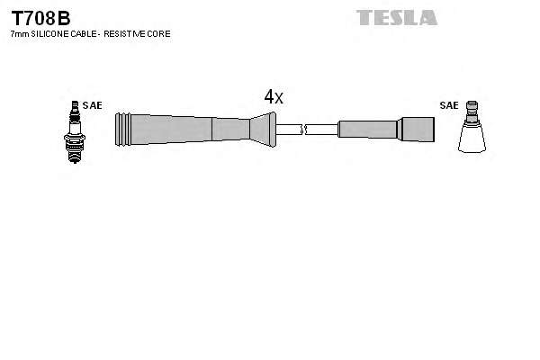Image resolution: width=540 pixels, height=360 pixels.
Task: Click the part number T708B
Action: click(40, 17)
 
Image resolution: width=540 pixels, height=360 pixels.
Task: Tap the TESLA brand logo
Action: click(396, 17)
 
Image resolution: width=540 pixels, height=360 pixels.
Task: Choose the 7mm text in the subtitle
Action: click(17, 33)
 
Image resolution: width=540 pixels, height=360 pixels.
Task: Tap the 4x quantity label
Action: click(274, 97)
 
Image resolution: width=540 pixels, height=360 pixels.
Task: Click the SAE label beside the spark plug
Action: click(92, 105)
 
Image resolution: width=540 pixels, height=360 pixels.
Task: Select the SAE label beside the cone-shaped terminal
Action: click(448, 105)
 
